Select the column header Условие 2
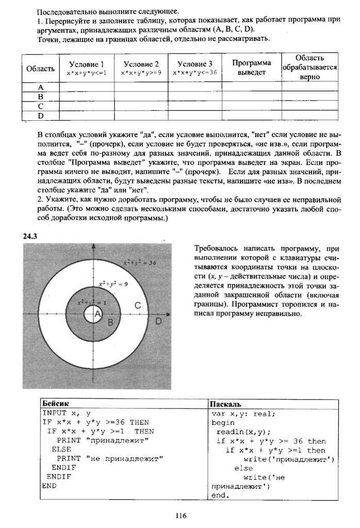(x=141, y=64)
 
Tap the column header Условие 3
(x=195, y=64)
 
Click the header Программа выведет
(x=251, y=68)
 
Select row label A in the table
(x=40, y=87)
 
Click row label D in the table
(x=40, y=115)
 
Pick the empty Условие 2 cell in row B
(x=141, y=96)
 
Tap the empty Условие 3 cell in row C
(x=195, y=106)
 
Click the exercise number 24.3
(x=31, y=236)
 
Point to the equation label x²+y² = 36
(x=139, y=263)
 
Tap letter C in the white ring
(x=138, y=306)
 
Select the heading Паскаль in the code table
(x=226, y=403)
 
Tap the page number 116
(x=180, y=515)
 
